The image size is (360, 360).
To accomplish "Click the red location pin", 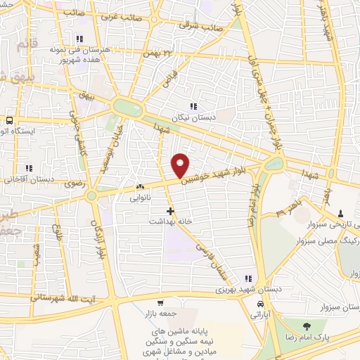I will tap(181, 165).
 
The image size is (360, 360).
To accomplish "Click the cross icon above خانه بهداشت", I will tap(169, 210).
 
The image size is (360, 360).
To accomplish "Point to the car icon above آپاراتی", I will tap(261, 304).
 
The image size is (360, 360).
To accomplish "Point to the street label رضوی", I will tap(73, 181).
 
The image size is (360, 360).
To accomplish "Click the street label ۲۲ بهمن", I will tap(157, 53).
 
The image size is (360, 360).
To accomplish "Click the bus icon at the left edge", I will tap(9, 120).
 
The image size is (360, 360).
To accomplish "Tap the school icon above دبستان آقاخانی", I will tap(29, 168).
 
